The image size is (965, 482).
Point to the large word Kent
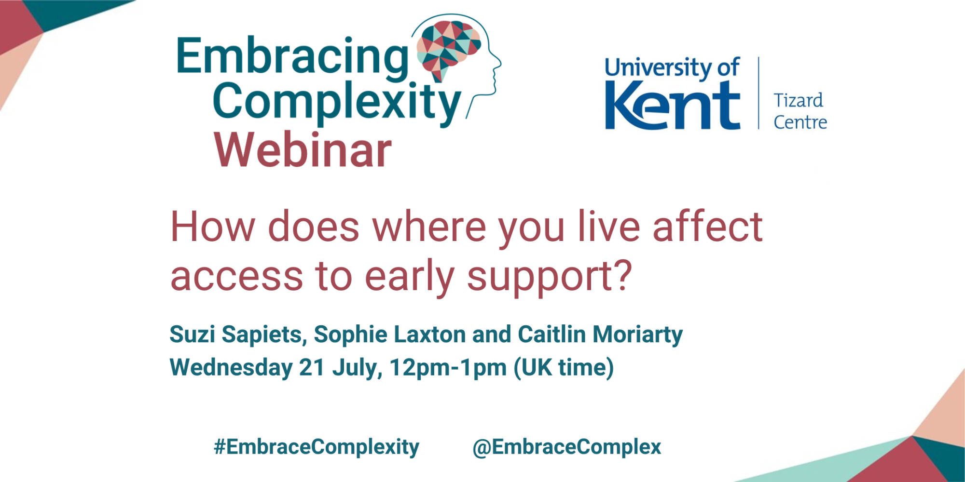[673, 106]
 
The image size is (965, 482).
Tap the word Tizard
[799, 100]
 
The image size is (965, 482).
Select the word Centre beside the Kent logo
[800, 122]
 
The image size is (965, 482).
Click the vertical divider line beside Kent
[758, 93]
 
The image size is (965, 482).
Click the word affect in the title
[707, 227]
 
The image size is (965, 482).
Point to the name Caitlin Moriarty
[600, 335]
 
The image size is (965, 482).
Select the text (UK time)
[564, 368]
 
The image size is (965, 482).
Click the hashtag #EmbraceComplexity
[317, 447]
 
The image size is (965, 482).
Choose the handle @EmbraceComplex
[566, 447]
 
